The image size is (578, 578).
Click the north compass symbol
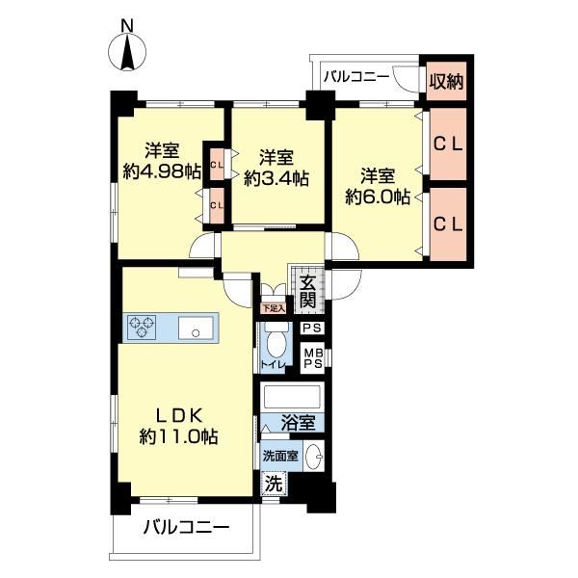click(x=127, y=52)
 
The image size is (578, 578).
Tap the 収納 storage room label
click(x=447, y=81)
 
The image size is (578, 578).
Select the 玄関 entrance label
click(x=307, y=291)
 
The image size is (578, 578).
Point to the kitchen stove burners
click(x=142, y=328)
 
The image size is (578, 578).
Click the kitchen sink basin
click(x=196, y=328)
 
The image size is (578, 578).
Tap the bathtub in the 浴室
click(x=292, y=397)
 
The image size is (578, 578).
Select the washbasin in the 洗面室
click(x=314, y=457)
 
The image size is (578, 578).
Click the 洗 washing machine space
click(x=275, y=483)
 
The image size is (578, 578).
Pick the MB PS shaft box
click(x=312, y=358)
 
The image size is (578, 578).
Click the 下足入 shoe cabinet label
click(x=274, y=308)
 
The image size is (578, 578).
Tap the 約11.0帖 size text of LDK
click(x=179, y=437)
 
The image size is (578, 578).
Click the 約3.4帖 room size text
click(x=276, y=179)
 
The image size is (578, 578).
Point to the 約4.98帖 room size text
click(x=162, y=171)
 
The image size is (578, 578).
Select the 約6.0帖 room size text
click(x=378, y=197)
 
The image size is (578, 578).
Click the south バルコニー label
click(x=187, y=528)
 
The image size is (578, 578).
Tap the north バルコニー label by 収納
click(x=356, y=77)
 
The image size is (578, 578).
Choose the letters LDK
click(x=179, y=416)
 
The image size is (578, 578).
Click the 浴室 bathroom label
click(x=299, y=423)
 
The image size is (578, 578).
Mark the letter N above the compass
click(x=127, y=26)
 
